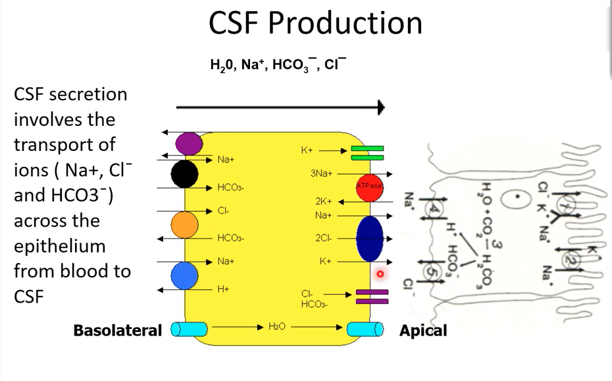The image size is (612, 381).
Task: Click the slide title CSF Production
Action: click(315, 23)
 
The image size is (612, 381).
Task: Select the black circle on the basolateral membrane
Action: click(185, 174)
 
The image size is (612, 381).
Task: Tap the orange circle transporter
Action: click(185, 225)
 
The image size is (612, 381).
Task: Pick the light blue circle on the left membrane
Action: click(185, 275)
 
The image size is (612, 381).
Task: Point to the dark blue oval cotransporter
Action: click(369, 239)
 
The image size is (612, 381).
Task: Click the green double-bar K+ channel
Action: click(367, 153)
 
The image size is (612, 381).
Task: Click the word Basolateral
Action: click(118, 330)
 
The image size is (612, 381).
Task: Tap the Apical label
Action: click(423, 330)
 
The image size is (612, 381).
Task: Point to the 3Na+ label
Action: click(321, 174)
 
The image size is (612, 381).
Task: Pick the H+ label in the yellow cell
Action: click(223, 289)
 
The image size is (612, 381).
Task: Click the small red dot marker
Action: click(380, 274)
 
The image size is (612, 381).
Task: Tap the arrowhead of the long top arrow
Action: click(380, 107)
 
